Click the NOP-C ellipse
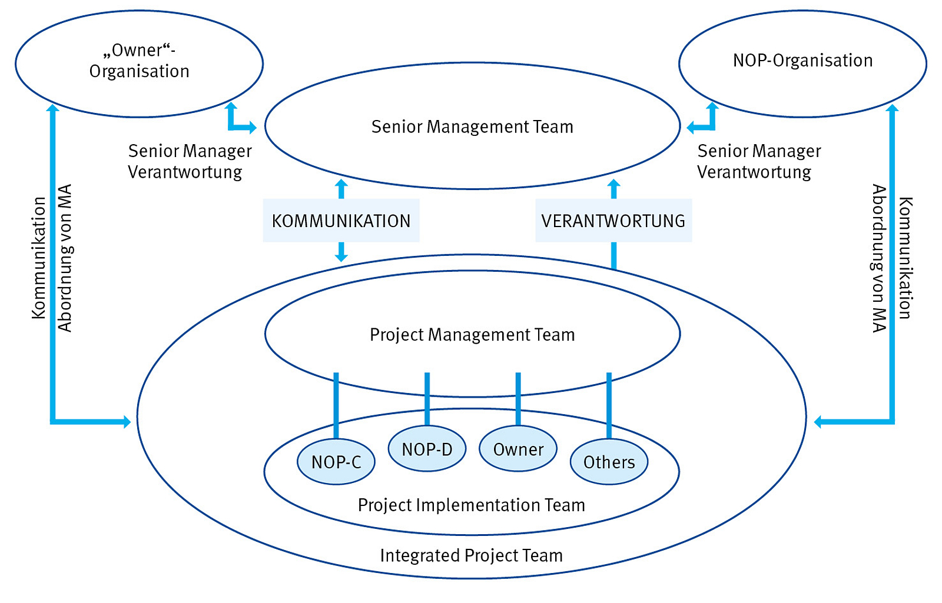[336, 462]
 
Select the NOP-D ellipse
[427, 449]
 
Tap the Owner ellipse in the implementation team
[518, 449]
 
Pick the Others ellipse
[609, 462]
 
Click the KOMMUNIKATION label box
[341, 221]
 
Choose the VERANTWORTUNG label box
[613, 221]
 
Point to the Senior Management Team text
[472, 126]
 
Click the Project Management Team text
[472, 334]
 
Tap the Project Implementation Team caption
[472, 505]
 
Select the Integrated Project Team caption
[472, 555]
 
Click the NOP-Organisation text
[802, 60]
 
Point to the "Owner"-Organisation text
[140, 61]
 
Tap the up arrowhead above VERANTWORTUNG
[613, 185]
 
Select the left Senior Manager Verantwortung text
[190, 161]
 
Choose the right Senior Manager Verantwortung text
[759, 161]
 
